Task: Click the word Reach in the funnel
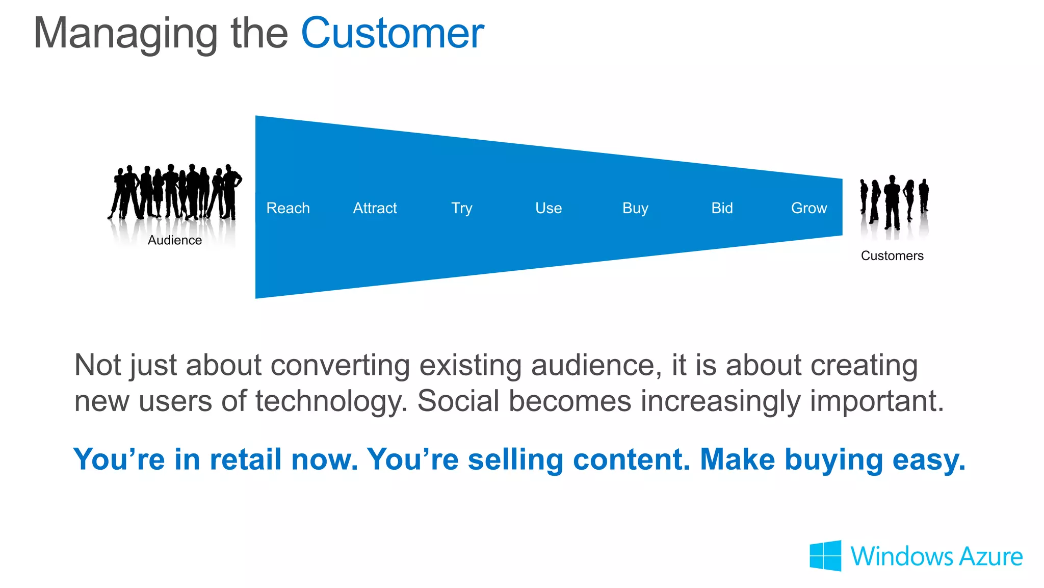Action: pyautogui.click(x=288, y=208)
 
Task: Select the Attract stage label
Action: pyautogui.click(x=375, y=208)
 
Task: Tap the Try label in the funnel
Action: pyautogui.click(x=461, y=209)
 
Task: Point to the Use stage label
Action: pyautogui.click(x=549, y=208)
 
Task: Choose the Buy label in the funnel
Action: pyautogui.click(x=635, y=209)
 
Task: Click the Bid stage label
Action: pyautogui.click(x=722, y=208)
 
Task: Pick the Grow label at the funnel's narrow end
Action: pyautogui.click(x=809, y=208)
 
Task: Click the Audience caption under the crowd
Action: pyautogui.click(x=175, y=240)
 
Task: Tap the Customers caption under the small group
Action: pyautogui.click(x=892, y=255)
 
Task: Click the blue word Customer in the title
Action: pyautogui.click(x=392, y=34)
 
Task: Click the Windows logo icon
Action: pyautogui.click(x=825, y=556)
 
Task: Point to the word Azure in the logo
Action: pyautogui.click(x=990, y=556)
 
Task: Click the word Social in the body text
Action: pyautogui.click(x=458, y=401)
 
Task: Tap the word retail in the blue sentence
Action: pyautogui.click(x=245, y=459)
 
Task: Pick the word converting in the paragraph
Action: pyautogui.click(x=340, y=366)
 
